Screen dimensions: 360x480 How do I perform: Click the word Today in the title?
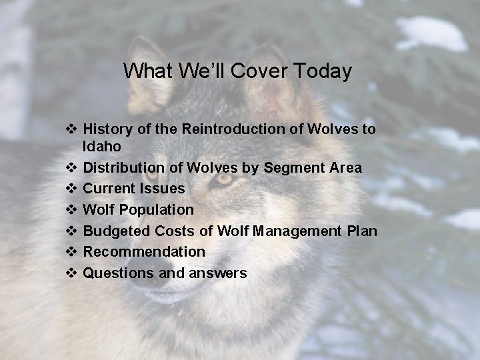click(322, 71)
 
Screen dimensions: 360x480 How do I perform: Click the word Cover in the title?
click(260, 71)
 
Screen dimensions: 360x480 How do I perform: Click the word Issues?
click(163, 189)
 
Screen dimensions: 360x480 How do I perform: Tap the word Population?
click(155, 210)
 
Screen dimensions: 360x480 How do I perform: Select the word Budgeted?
click(116, 231)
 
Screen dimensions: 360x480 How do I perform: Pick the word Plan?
click(362, 231)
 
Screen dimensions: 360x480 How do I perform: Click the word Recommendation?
click(144, 252)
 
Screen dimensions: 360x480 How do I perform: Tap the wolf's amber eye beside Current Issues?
click(223, 179)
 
